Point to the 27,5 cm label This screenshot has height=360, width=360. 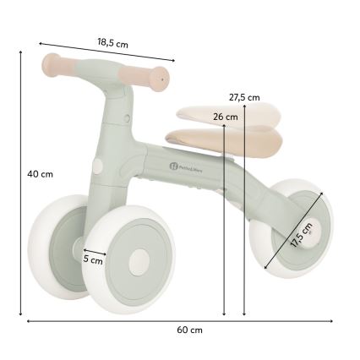244,97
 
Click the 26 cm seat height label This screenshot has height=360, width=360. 224,117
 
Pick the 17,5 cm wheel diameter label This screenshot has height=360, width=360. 302,234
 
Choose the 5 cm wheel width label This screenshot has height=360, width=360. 93,260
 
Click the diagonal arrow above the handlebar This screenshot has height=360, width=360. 105,50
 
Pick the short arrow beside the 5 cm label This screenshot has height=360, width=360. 95,251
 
